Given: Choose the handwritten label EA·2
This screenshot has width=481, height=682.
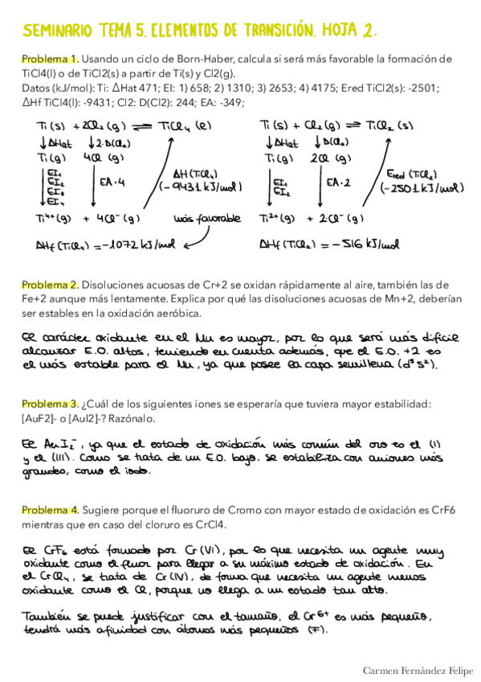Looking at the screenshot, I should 336,183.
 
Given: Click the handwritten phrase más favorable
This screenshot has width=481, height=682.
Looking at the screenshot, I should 207,218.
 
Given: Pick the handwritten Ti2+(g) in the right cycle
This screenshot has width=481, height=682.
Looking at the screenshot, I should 276,218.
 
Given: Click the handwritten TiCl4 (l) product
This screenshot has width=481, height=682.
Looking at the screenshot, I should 188,125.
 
